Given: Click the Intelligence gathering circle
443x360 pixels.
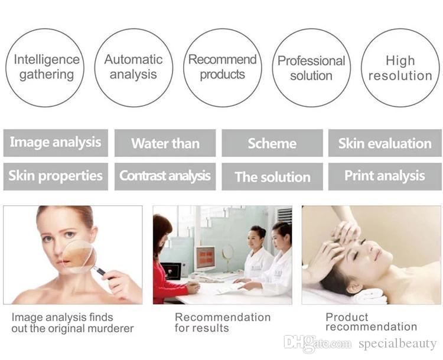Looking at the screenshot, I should pos(45,67).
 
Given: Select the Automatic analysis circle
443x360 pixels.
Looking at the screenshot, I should pos(133,67).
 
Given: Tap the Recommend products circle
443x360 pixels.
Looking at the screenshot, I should pos(222,67).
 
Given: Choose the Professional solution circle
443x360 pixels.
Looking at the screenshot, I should pos(311,67).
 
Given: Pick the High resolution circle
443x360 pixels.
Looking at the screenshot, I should pos(400,67).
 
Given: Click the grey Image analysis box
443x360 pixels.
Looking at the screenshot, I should pos(56,143).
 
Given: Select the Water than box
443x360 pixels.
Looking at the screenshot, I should pos(165,143).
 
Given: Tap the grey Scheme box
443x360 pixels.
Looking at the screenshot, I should pos(272,143).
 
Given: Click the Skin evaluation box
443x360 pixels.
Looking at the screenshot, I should pos(385,143).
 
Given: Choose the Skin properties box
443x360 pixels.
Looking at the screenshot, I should pos(56,176).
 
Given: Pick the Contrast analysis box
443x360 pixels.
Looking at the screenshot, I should pos(165,176).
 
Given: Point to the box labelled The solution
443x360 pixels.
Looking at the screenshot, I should pos(272,176).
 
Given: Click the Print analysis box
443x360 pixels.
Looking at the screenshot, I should pos(385,176).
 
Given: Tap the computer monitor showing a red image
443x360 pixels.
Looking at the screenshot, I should pos(205,258).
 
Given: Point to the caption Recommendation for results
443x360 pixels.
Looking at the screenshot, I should pos(222,323).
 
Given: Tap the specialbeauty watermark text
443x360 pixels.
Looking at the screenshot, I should pos(397,343).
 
